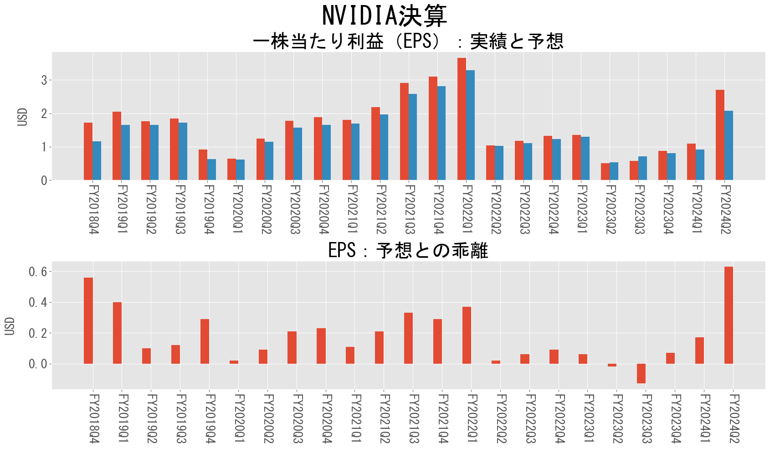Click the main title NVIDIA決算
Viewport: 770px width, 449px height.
coord(385,16)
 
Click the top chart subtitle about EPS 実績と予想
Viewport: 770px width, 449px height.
coord(408,41)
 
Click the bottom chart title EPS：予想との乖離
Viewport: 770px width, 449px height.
coord(408,250)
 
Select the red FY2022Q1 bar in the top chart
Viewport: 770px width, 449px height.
coord(462,119)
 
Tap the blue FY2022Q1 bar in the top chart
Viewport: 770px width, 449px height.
coord(470,125)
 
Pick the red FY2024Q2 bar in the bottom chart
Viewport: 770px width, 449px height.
coord(729,315)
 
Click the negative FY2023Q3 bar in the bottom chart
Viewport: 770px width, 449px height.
coord(641,373)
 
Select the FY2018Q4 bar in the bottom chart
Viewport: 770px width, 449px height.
coord(88,320)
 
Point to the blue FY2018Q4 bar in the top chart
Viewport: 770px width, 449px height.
coord(97,161)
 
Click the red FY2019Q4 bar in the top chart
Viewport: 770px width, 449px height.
coord(203,165)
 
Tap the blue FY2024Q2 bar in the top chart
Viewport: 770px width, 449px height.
coord(729,145)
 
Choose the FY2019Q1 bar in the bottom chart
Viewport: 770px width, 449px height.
coord(117,333)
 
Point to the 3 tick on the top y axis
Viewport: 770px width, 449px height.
coord(44,80)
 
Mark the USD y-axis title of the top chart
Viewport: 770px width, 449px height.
coord(22,117)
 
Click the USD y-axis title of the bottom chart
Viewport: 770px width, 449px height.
coord(10,326)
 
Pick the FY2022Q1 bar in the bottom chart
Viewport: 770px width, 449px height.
coord(467,335)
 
